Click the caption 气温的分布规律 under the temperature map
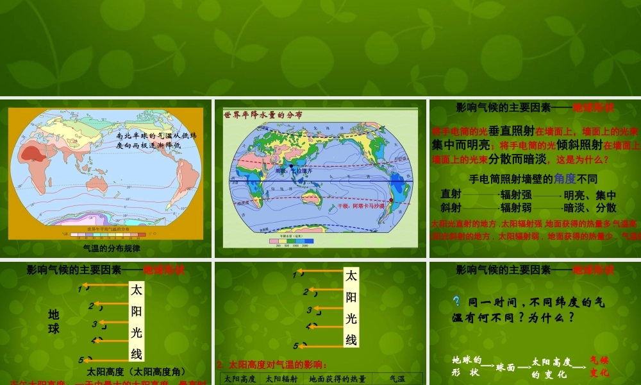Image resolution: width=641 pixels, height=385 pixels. click(x=112, y=248)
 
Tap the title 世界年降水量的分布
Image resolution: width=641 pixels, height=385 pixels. click(x=263, y=115)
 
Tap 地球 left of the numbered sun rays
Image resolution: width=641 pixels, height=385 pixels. click(x=54, y=321)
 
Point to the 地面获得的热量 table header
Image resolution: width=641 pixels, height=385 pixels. click(x=337, y=379)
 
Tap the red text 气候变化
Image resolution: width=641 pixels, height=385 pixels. click(x=599, y=366)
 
